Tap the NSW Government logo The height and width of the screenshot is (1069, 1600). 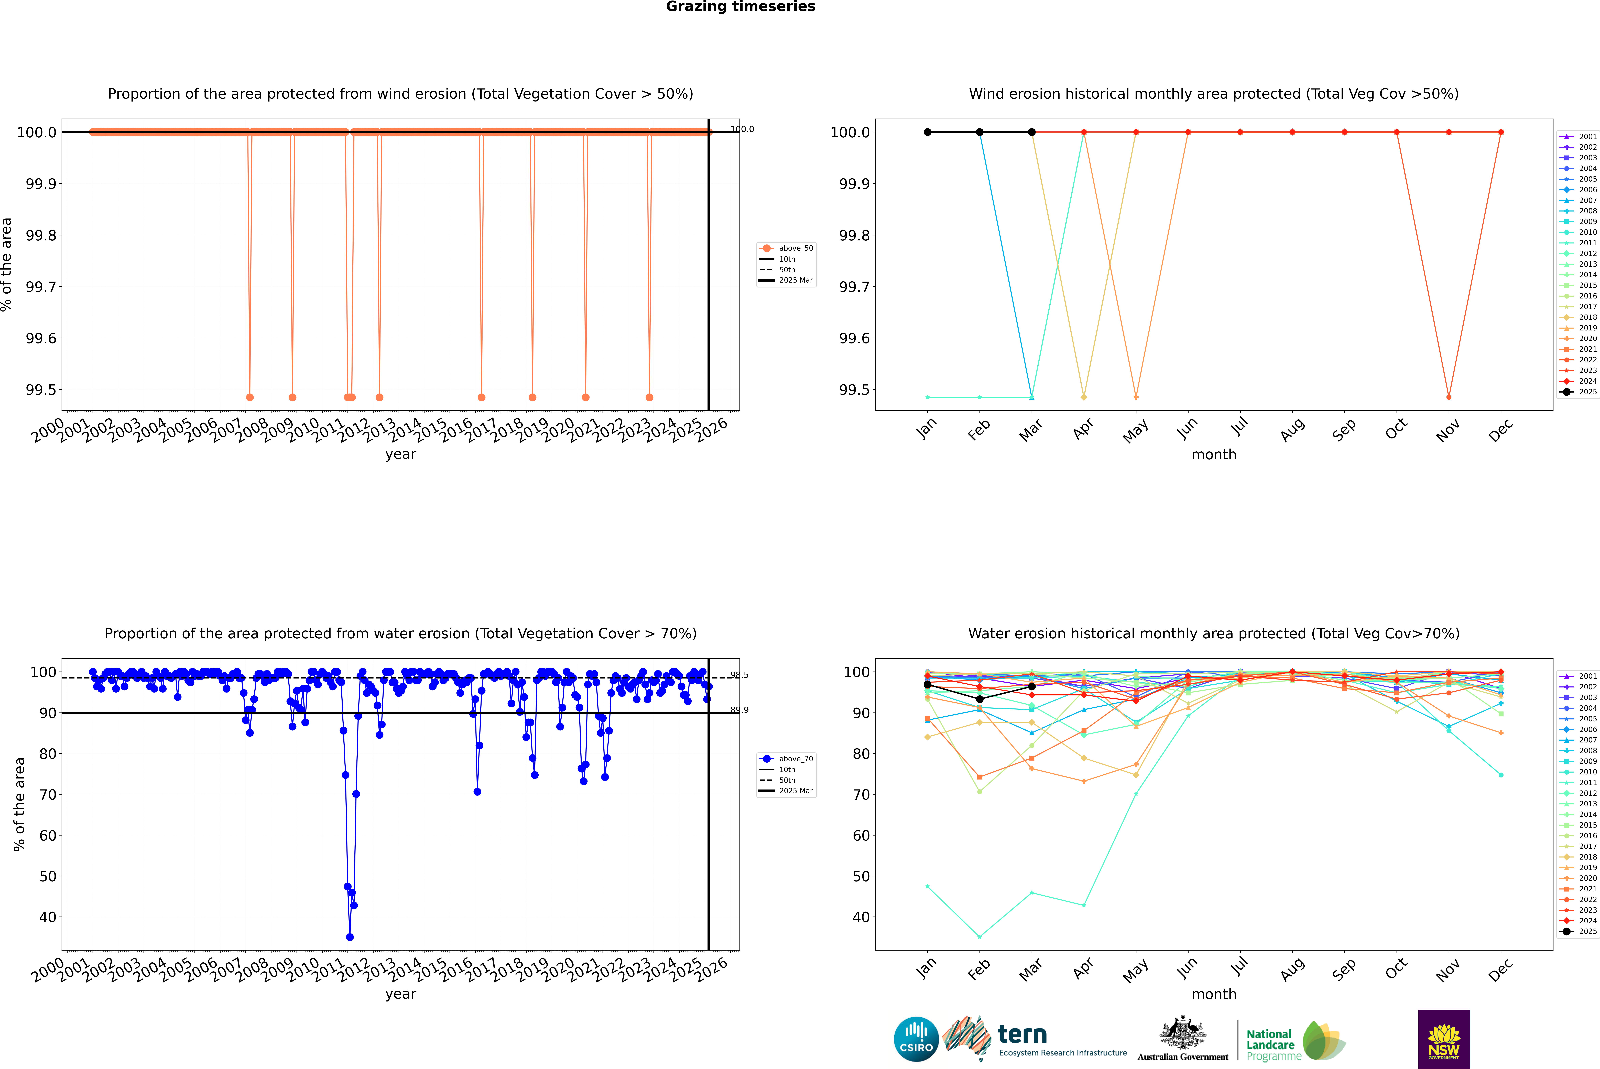click(x=1444, y=1039)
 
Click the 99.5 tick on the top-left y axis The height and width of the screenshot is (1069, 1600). click(x=41, y=390)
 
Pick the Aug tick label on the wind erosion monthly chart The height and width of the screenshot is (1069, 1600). click(x=1292, y=429)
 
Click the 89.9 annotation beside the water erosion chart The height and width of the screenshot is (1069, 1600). click(x=739, y=710)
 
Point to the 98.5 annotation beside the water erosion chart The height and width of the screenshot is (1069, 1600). click(x=739, y=675)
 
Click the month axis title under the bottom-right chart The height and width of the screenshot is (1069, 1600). click(x=1213, y=994)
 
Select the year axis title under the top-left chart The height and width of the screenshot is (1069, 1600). click(x=400, y=454)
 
